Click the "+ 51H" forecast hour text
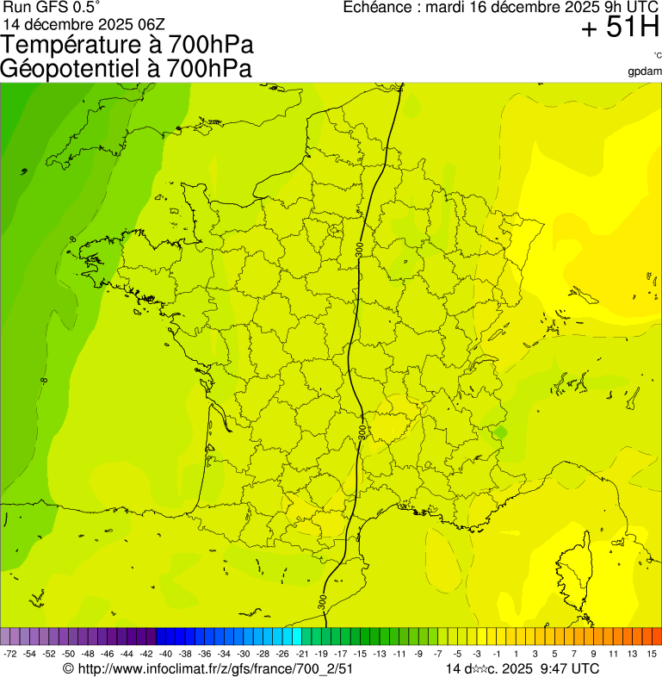(620, 28)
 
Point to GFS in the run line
(50, 7)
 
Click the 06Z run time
(142, 24)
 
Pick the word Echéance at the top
(377, 7)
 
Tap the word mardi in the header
(445, 7)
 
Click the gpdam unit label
(646, 71)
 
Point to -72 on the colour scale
(10, 655)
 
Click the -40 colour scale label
(165, 655)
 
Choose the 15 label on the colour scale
(653, 655)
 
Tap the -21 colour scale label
(301, 655)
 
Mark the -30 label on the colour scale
(243, 655)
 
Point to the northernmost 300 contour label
(359, 251)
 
